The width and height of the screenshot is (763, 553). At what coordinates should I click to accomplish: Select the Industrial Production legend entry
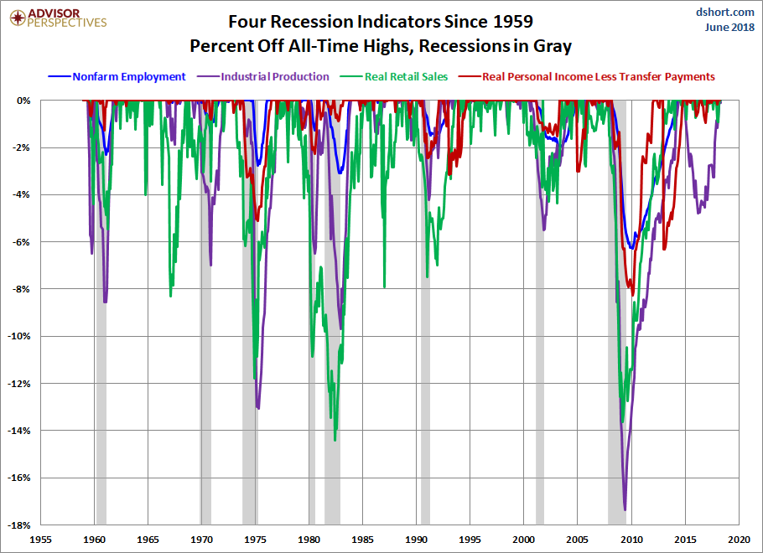pos(275,76)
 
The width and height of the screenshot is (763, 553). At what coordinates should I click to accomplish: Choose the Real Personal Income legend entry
pos(598,76)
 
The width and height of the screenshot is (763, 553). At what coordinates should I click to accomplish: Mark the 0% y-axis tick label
pos(24,101)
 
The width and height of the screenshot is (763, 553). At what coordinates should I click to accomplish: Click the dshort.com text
pos(725,13)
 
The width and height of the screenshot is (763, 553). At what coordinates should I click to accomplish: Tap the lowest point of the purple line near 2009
pos(625,509)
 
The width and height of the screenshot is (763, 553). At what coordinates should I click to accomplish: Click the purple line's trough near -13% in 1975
pos(258,408)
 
